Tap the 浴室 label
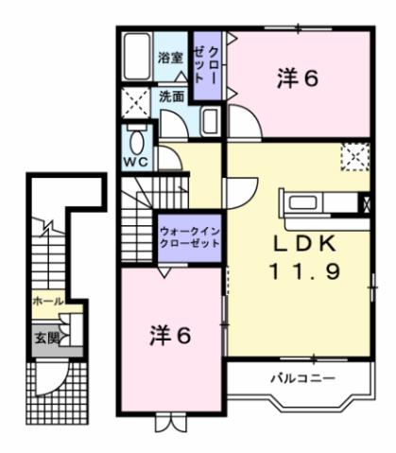click(x=171, y=56)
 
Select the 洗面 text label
click(x=171, y=96)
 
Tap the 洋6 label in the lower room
click(x=171, y=334)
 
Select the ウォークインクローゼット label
click(x=189, y=235)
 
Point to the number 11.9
click(x=300, y=271)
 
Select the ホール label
click(x=48, y=301)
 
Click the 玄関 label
click(x=47, y=337)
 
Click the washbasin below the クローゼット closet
click(x=210, y=123)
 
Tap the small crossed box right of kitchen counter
click(x=364, y=201)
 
